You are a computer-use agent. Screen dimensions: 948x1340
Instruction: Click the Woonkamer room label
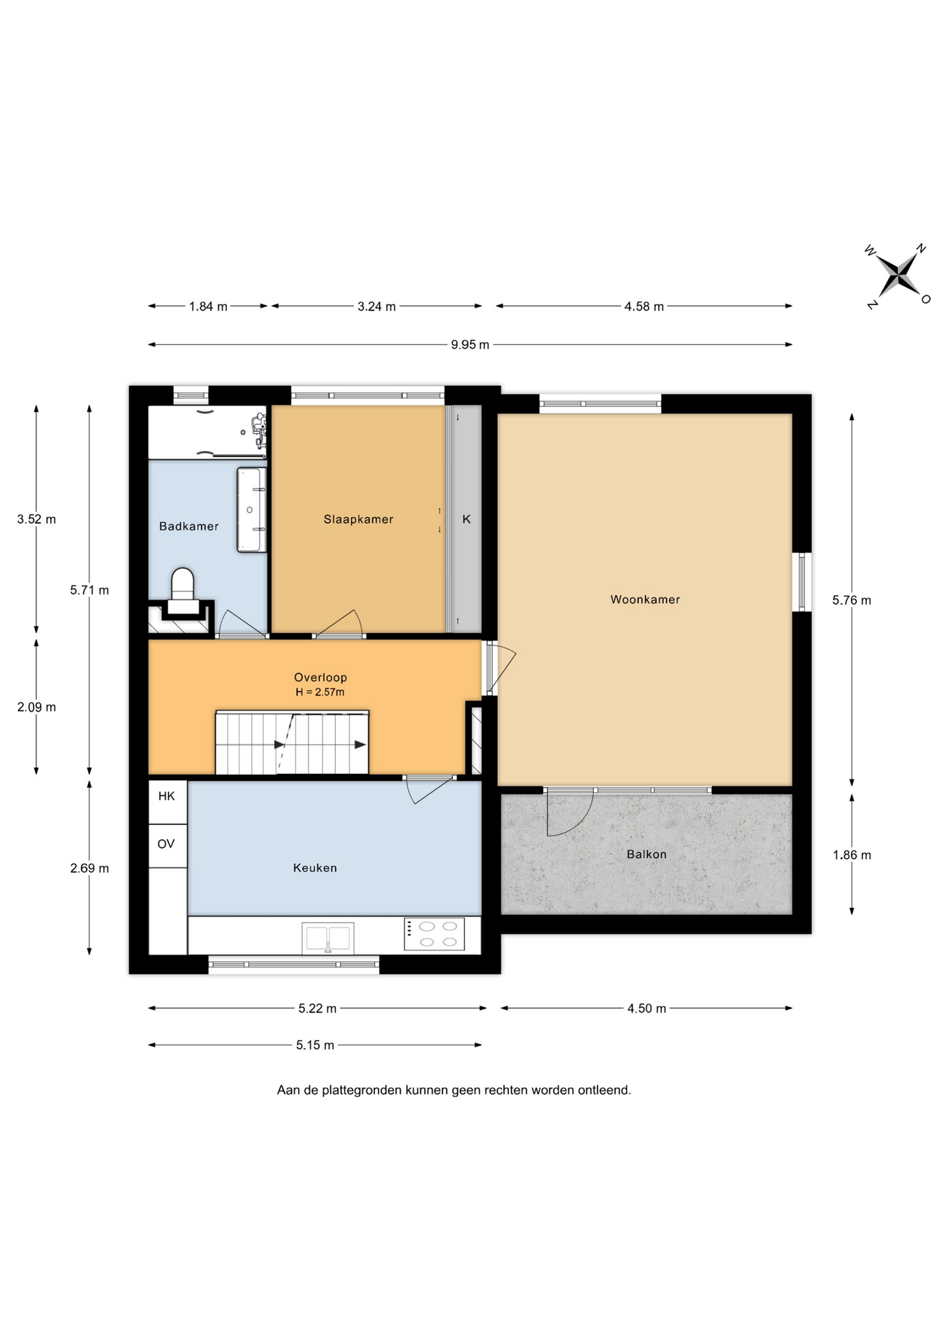click(645, 599)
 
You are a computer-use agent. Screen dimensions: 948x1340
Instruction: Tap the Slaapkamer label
click(358, 519)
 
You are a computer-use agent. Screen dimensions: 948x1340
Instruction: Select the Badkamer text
click(188, 526)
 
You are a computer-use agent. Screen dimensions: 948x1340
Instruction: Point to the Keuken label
click(315, 868)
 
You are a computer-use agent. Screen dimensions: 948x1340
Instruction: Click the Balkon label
click(646, 854)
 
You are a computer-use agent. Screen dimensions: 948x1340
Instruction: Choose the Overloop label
click(320, 677)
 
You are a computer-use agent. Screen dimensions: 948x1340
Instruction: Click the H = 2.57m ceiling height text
click(320, 692)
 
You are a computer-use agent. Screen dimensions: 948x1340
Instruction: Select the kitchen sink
click(328, 938)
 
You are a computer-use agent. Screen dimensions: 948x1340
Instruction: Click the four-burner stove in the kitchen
click(434, 934)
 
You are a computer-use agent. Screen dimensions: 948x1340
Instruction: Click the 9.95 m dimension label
click(470, 344)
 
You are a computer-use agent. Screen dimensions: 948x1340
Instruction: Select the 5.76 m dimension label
click(852, 600)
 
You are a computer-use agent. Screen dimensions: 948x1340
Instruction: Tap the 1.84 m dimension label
click(208, 306)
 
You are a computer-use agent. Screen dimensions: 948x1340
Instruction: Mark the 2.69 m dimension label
click(89, 868)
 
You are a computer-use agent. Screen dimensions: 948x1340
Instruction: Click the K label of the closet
click(466, 519)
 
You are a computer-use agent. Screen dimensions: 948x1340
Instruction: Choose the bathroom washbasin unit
click(251, 509)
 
